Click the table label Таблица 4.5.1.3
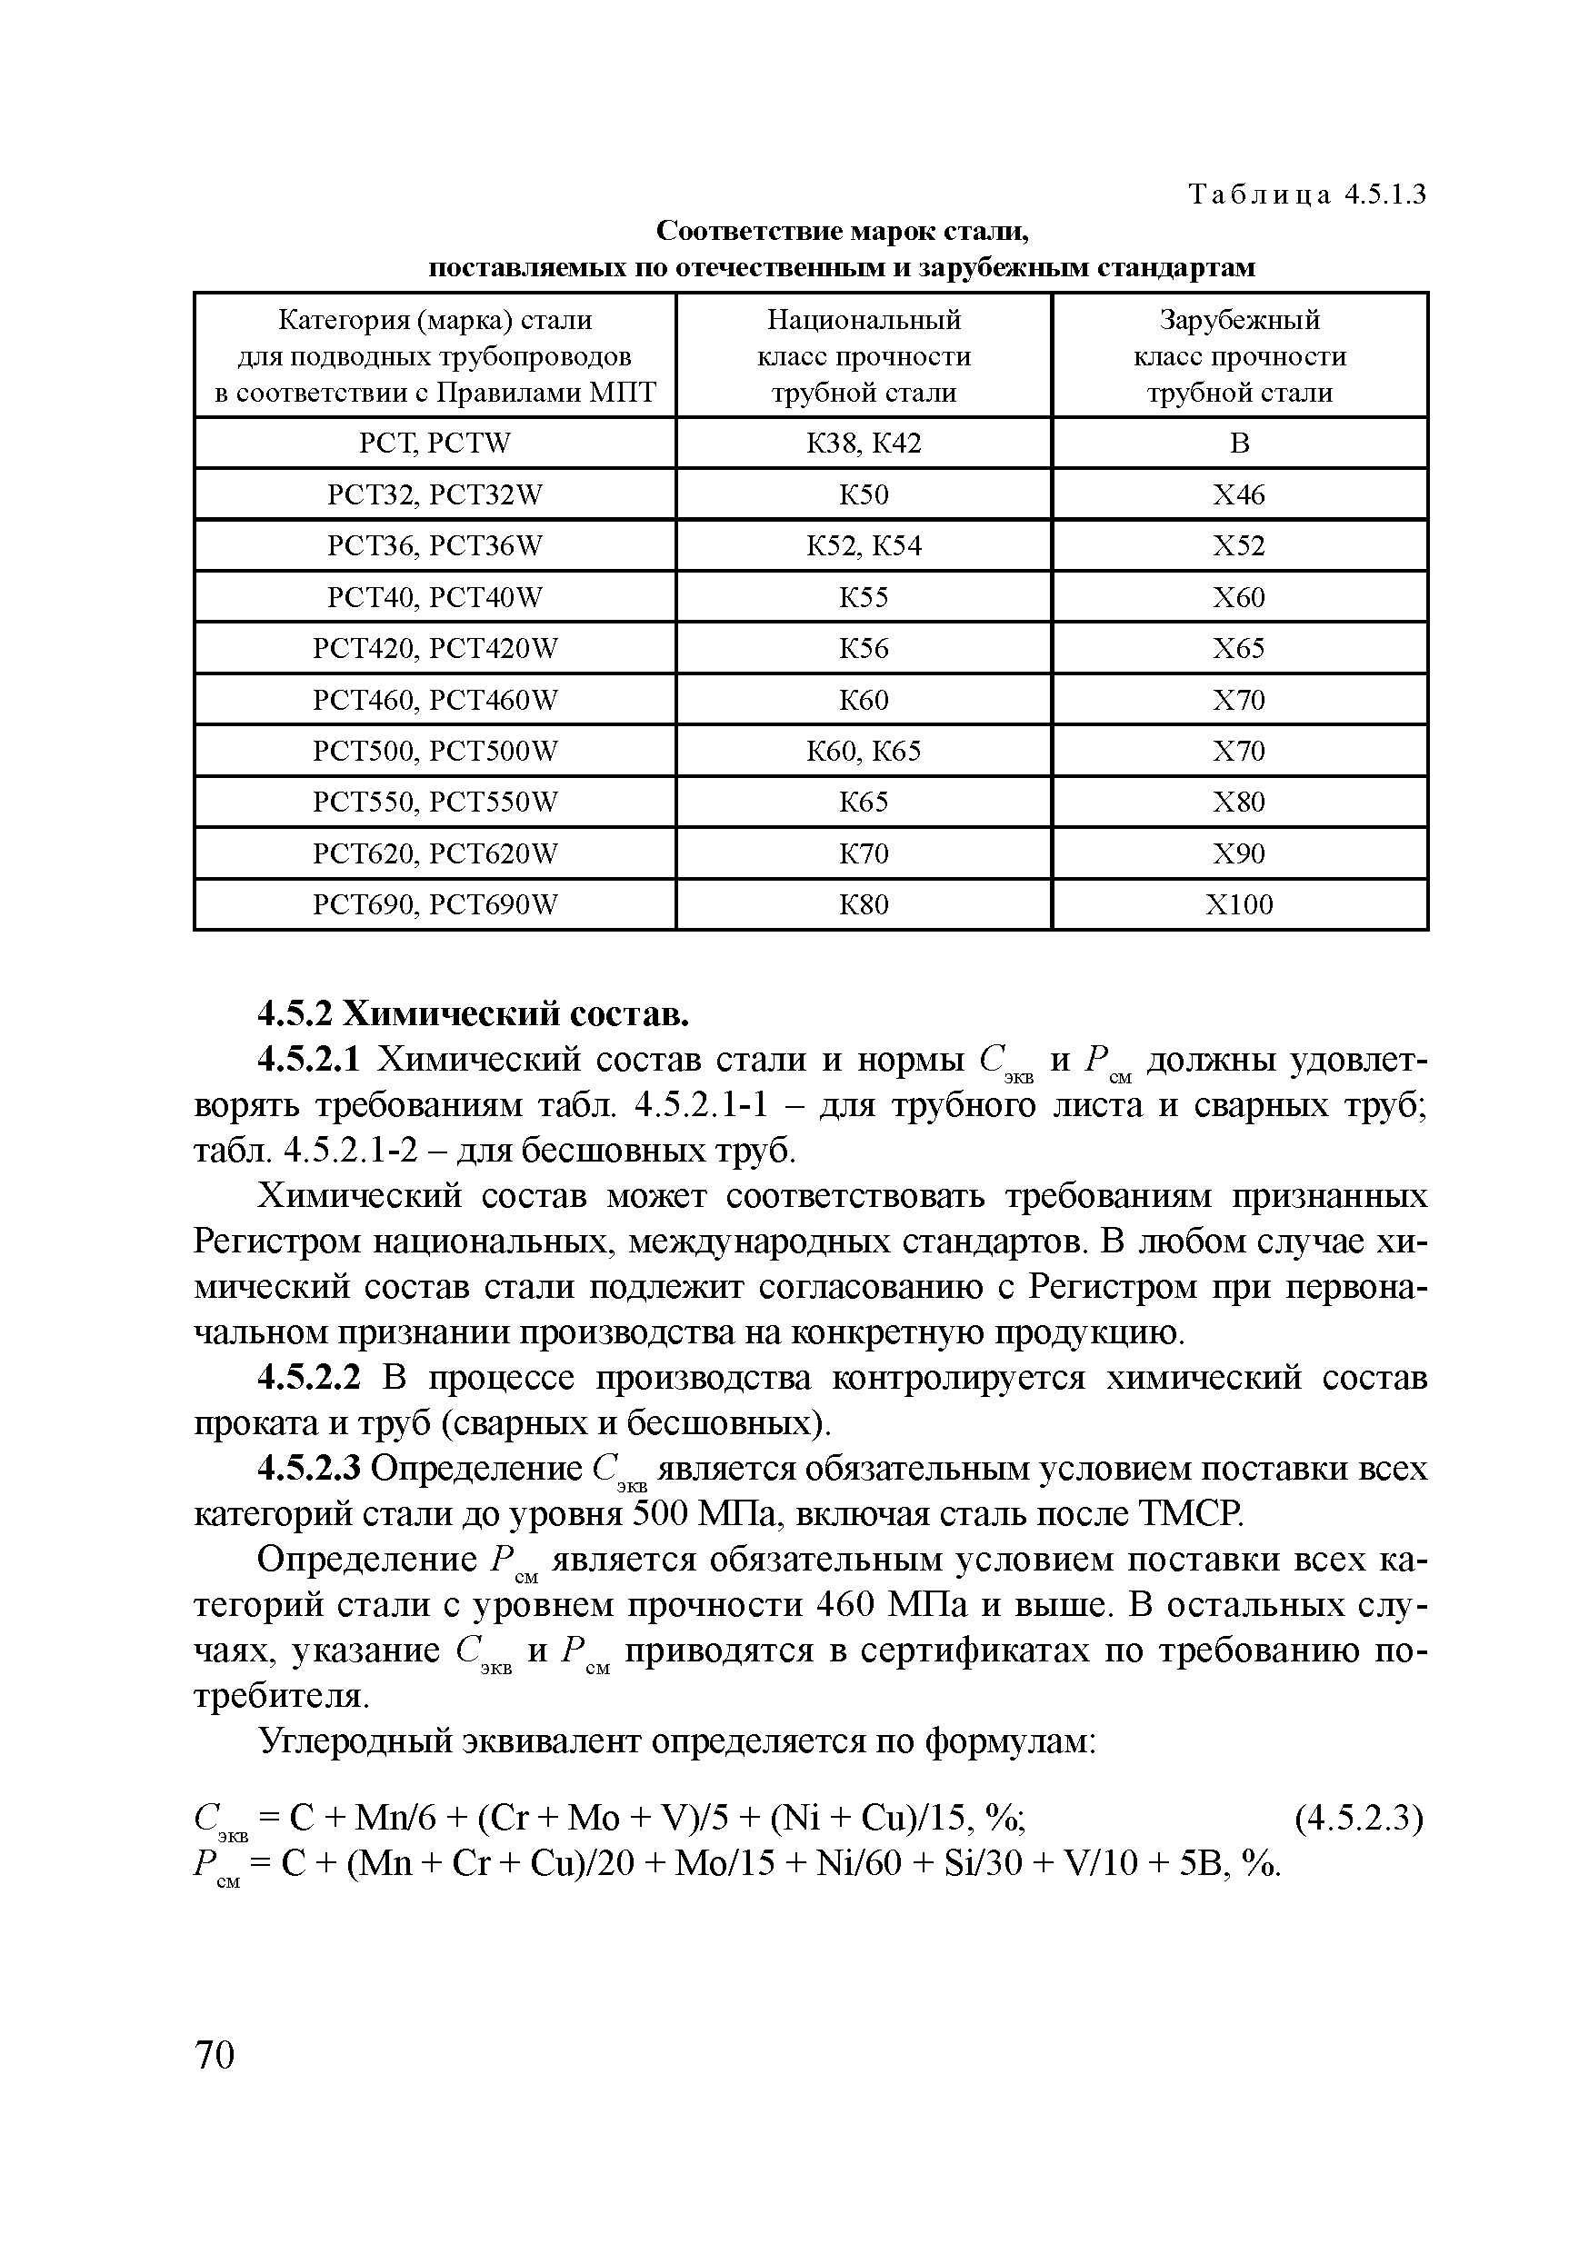coord(1306,195)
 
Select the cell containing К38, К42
coord(864,444)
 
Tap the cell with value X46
coord(1238,494)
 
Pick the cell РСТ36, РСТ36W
coord(435,546)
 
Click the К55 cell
coord(864,597)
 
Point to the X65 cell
coord(1238,648)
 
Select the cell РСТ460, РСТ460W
coord(435,700)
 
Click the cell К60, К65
coord(864,751)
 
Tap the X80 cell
coord(1238,802)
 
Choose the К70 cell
coord(864,853)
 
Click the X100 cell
coord(1238,904)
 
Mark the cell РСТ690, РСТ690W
coord(435,904)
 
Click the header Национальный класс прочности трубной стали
coord(864,356)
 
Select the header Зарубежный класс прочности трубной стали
coord(1238,356)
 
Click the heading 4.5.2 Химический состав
coord(473,1012)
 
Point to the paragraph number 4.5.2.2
coord(309,1380)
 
